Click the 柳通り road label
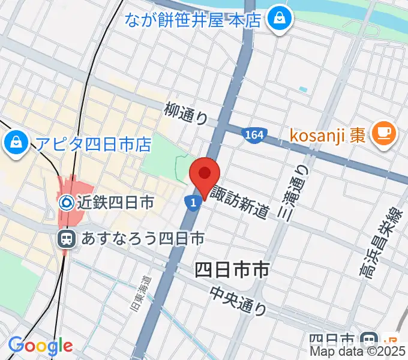tap(186, 113)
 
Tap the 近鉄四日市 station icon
tap(67, 203)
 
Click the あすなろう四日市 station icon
tap(67, 239)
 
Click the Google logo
tap(41, 346)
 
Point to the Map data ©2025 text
tap(358, 353)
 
